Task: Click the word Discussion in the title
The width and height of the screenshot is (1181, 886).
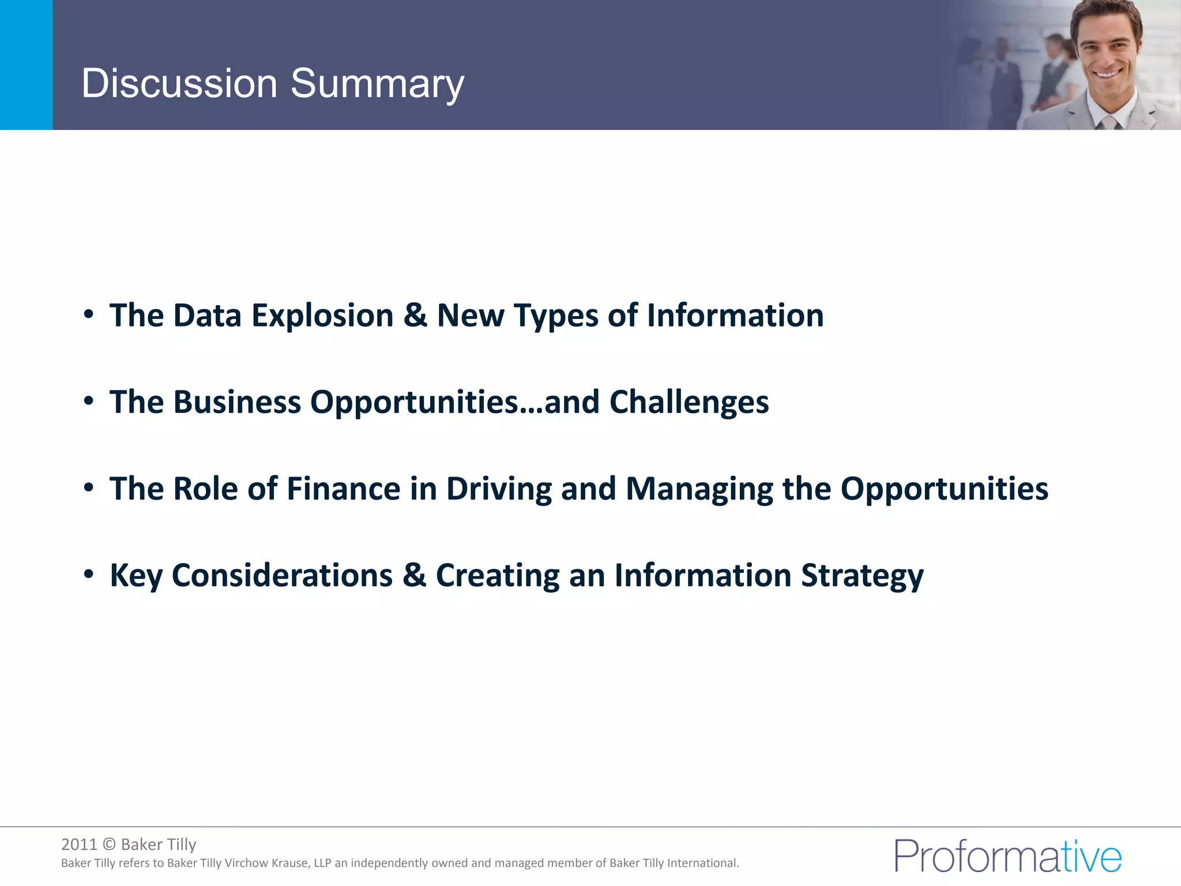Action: [179, 84]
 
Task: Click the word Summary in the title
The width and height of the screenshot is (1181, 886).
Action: [377, 84]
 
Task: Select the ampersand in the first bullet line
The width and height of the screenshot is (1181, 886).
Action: [415, 316]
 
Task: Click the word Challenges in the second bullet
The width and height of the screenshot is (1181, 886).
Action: [689, 402]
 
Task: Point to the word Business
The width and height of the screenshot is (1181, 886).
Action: [237, 402]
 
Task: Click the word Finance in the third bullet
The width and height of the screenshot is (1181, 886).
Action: [343, 489]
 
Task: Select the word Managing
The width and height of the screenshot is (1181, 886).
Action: [699, 489]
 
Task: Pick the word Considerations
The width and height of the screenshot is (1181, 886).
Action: [282, 576]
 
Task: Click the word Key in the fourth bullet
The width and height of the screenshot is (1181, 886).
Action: [136, 576]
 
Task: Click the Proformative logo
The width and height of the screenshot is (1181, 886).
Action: [1007, 856]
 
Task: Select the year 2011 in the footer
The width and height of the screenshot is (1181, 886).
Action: [79, 844]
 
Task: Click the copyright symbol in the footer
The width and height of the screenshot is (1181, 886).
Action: [109, 844]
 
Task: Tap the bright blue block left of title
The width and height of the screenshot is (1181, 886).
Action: [26, 65]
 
